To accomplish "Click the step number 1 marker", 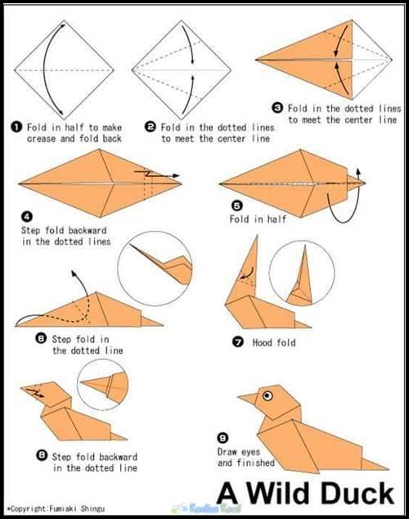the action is click(x=16, y=127).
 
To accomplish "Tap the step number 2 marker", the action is click(x=151, y=127).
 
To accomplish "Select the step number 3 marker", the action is click(x=277, y=108).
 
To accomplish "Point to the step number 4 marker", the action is click(x=26, y=217).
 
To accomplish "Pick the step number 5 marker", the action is click(x=236, y=205).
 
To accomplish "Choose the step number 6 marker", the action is click(x=41, y=339).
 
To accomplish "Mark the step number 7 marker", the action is click(x=238, y=342).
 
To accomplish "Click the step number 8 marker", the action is click(x=41, y=456).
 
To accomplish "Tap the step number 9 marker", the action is click(x=222, y=438).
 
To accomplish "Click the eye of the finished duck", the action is click(x=267, y=395).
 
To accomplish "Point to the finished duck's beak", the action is click(x=248, y=398).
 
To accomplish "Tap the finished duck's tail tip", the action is click(x=389, y=469).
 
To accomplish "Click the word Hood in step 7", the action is click(x=262, y=342).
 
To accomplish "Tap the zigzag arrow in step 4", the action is click(x=157, y=174).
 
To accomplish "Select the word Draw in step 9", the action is click(x=227, y=452).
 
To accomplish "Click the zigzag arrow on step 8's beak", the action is click(x=35, y=393).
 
